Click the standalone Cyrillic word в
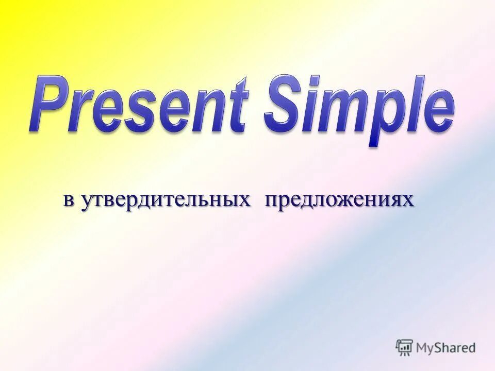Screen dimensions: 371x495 [x=68, y=200]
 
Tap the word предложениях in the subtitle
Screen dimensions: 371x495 [x=339, y=200]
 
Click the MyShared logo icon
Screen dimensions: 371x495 [x=405, y=347]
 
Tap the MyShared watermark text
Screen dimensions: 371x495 [x=445, y=348]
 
